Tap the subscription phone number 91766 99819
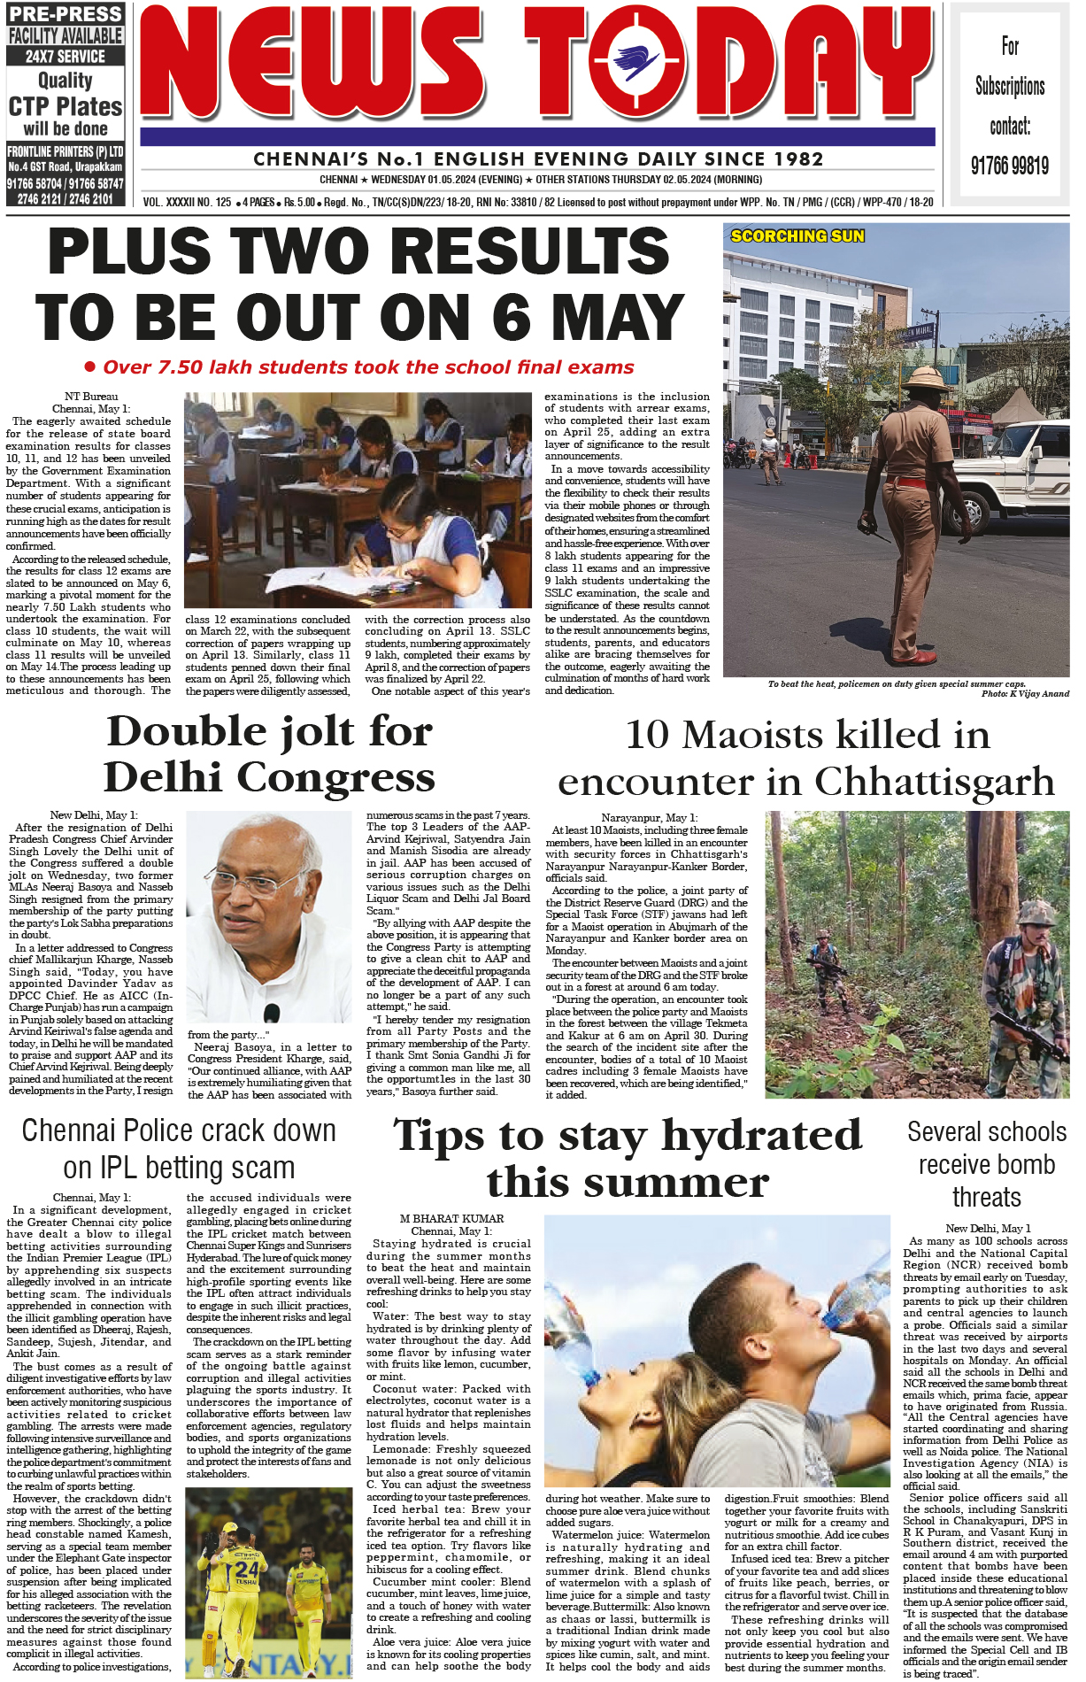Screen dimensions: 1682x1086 [1009, 166]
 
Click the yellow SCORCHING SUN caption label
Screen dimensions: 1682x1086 [797, 236]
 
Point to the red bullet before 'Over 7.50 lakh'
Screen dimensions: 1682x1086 [89, 366]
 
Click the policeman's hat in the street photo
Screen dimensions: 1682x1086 [924, 382]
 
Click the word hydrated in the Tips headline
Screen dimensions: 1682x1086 [761, 1136]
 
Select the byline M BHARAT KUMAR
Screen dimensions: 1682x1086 [451, 1219]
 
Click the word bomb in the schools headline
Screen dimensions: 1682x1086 [1030, 1165]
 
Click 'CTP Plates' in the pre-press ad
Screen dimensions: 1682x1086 [65, 106]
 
